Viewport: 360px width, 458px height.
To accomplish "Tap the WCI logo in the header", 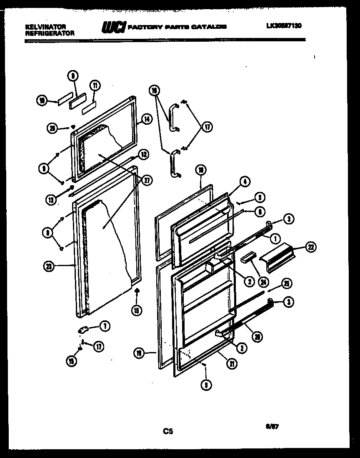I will pyautogui.click(x=111, y=27).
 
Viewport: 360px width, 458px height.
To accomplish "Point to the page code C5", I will pyautogui.click(x=167, y=432).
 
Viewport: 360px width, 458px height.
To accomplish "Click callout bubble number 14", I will pyautogui.click(x=146, y=119).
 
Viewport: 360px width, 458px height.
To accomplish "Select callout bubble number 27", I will pyautogui.click(x=146, y=180).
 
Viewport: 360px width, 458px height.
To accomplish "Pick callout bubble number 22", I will pyautogui.click(x=310, y=248).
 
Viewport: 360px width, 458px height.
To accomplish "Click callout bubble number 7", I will pyautogui.click(x=104, y=327).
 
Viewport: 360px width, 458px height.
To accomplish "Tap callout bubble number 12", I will pyautogui.click(x=143, y=154).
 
